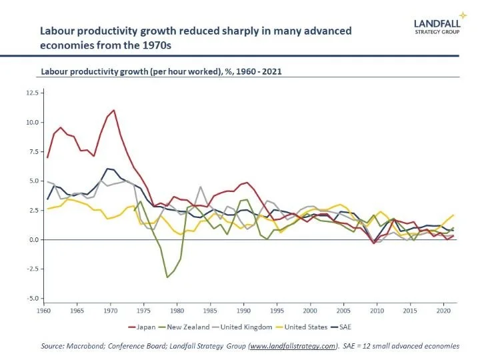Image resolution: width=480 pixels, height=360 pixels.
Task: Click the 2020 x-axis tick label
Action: coord(440,311)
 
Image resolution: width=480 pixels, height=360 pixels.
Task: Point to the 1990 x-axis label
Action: coord(244,311)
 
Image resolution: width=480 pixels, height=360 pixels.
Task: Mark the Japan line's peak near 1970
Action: coord(114,110)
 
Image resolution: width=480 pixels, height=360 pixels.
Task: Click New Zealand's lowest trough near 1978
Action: coord(167,277)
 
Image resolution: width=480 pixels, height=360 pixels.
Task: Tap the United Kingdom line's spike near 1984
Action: coord(200,187)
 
